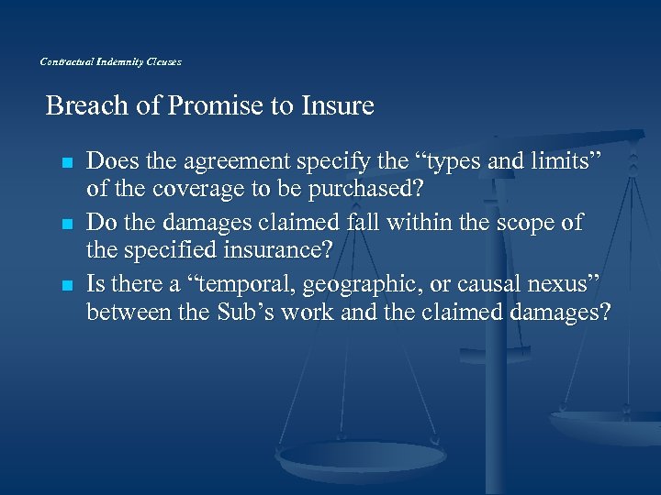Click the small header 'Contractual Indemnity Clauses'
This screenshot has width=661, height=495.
111,61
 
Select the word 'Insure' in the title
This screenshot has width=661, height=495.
337,106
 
